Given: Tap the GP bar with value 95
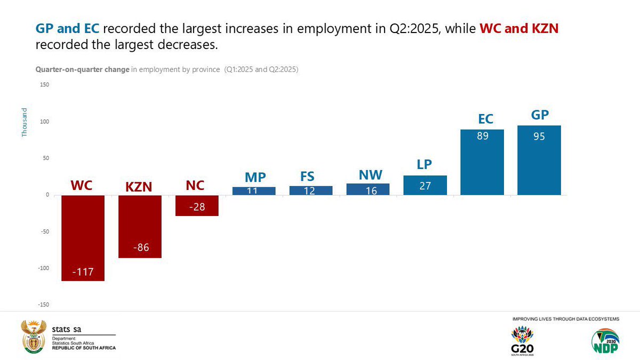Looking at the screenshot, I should pyautogui.click(x=539, y=160).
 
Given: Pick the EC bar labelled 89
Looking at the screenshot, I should pyautogui.click(x=482, y=162).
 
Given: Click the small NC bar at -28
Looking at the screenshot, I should pyautogui.click(x=197, y=205).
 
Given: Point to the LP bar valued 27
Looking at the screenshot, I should pyautogui.click(x=425, y=185).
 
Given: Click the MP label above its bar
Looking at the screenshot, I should pyautogui.click(x=255, y=178).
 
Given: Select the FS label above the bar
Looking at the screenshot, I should pyautogui.click(x=308, y=177).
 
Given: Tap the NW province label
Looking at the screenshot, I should pyautogui.click(x=370, y=174).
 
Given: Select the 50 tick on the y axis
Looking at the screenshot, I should pyautogui.click(x=46, y=158).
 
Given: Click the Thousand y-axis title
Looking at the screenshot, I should pyautogui.click(x=25, y=122).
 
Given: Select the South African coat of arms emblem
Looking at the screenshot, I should pyautogui.click(x=33, y=337).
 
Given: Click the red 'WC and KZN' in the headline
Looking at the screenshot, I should pyautogui.click(x=519, y=29).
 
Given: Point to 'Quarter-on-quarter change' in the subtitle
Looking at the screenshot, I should pyautogui.click(x=83, y=70).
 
